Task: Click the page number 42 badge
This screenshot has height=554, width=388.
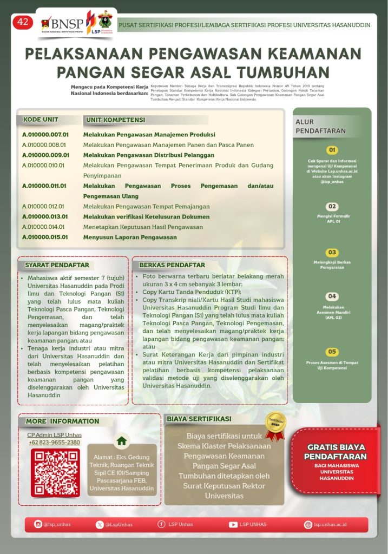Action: pos(23,22)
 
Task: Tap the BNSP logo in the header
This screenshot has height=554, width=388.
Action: pos(61,24)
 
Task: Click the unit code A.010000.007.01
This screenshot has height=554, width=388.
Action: pos(45,134)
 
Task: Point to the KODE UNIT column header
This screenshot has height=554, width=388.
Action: pos(41,120)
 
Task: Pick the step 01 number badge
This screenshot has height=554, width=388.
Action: pos(332,150)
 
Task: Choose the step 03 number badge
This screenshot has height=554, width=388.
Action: pos(332,253)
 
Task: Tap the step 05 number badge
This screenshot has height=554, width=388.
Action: pos(332,352)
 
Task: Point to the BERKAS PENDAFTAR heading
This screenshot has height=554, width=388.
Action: pos(172,265)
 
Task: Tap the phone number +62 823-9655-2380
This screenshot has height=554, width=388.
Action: pos(54,443)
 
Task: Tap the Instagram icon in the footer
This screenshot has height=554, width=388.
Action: pos(38,524)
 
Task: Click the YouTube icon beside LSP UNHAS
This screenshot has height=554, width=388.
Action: pos(233,524)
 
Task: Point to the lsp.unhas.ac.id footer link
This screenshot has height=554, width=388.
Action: pos(330,524)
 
